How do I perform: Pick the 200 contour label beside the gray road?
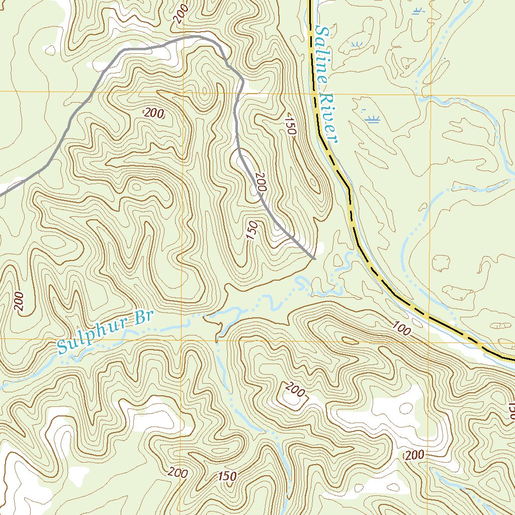coord(261,182)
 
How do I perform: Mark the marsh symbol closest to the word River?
coord(373,119)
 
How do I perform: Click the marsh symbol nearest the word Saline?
coord(356,46)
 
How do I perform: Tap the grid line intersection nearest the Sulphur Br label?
coord(181,339)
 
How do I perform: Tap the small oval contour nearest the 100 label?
coord(442,263)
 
